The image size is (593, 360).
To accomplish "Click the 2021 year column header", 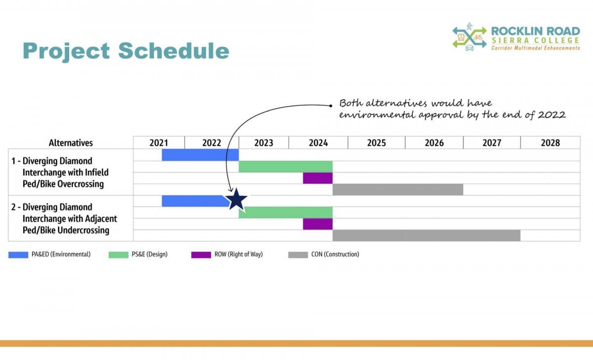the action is [159, 143].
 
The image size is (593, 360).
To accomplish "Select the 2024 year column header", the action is [318, 143].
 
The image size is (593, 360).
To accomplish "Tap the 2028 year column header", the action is [551, 143].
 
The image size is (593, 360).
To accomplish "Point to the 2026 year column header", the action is [434, 143].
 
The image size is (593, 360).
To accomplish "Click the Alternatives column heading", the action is [71, 143].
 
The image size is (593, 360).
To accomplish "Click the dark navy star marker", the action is [236, 199].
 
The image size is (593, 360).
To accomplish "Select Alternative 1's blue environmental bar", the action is [200, 155].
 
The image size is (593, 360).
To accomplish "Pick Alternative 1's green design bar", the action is [286, 166].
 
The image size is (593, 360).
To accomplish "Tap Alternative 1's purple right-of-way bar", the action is [318, 178].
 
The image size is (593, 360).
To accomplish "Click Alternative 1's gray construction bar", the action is [398, 190].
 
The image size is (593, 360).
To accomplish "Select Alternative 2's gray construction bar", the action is [426, 236].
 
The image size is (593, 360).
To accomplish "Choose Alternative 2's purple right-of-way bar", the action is [318, 224].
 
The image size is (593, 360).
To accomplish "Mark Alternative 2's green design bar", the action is [286, 212].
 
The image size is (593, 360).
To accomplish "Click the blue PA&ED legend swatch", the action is [18, 255].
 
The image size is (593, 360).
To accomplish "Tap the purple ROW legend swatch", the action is [201, 255].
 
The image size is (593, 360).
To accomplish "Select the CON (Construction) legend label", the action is [335, 254].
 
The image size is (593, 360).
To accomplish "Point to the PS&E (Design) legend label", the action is [150, 254].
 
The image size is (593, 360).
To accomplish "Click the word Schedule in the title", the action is [173, 50].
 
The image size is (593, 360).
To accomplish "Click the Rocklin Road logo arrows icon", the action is [469, 37].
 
